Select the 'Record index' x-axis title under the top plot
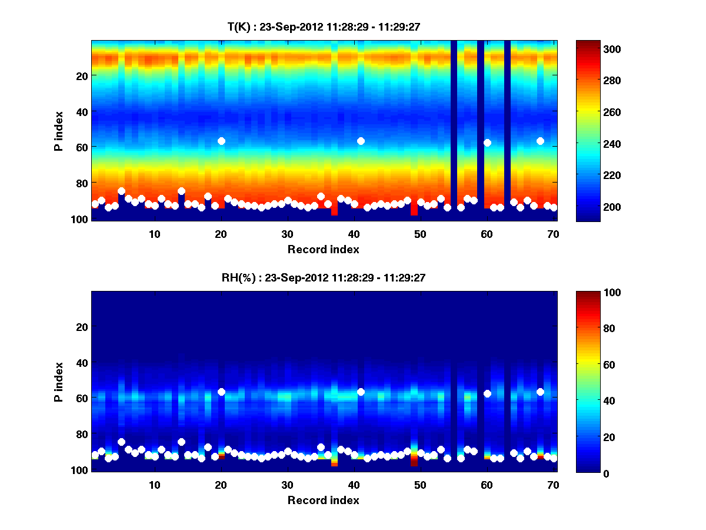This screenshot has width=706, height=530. tap(323, 249)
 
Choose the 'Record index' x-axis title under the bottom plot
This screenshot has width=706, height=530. tap(323, 500)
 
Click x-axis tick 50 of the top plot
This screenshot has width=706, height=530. tap(420, 233)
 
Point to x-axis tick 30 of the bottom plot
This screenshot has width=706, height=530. tap(287, 484)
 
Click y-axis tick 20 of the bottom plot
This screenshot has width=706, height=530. tap(81, 327)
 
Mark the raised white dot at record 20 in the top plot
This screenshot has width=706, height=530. tap(221, 141)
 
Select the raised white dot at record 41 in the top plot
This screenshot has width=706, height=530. tap(361, 141)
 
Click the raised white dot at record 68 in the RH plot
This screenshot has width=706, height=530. tap(540, 392)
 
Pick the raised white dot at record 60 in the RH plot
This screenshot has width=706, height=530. tap(487, 393)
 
